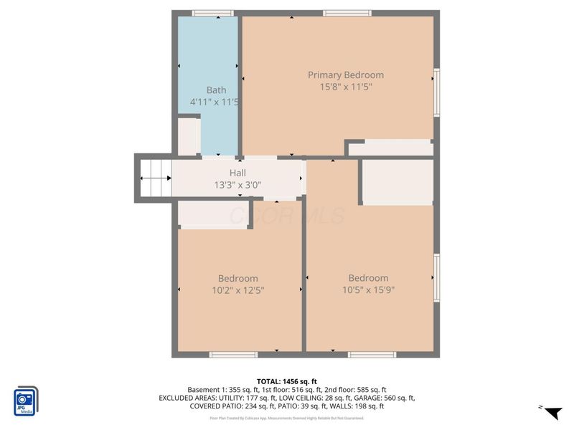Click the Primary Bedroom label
[345, 75]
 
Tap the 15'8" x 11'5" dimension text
[345, 87]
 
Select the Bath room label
[216, 90]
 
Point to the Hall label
[237, 173]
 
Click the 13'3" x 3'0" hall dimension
[237, 185]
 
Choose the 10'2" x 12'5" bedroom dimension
[237, 290]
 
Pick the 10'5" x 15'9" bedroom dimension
[368, 290]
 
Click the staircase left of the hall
[155, 178]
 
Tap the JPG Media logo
[26, 401]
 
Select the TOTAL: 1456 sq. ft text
[287, 381]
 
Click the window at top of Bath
[213, 13]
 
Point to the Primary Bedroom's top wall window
[347, 13]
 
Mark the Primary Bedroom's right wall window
[436, 92]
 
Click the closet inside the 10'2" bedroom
[212, 214]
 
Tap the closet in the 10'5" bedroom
[397, 182]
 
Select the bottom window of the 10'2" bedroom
[233, 354]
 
